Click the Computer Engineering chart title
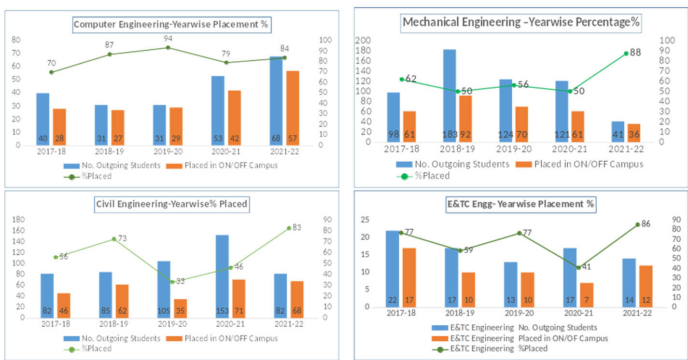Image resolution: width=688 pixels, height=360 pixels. pos(171,24)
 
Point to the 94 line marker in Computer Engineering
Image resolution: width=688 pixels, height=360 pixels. pos(168,47)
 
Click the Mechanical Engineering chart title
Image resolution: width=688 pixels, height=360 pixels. pos(521,22)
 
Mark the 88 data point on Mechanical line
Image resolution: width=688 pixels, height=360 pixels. pos(626,53)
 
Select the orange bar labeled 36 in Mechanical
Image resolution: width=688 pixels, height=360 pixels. pos(634,133)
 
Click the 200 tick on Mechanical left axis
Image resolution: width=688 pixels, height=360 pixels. pos(363,41)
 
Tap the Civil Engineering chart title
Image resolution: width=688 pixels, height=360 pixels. pos(171,204)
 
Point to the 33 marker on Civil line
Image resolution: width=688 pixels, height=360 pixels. pos(172,282)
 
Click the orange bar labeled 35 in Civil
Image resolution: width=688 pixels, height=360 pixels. pos(180,308)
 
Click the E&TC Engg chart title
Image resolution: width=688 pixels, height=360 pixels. pos(520,204)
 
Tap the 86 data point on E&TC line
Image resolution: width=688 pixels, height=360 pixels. pos(637,224)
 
